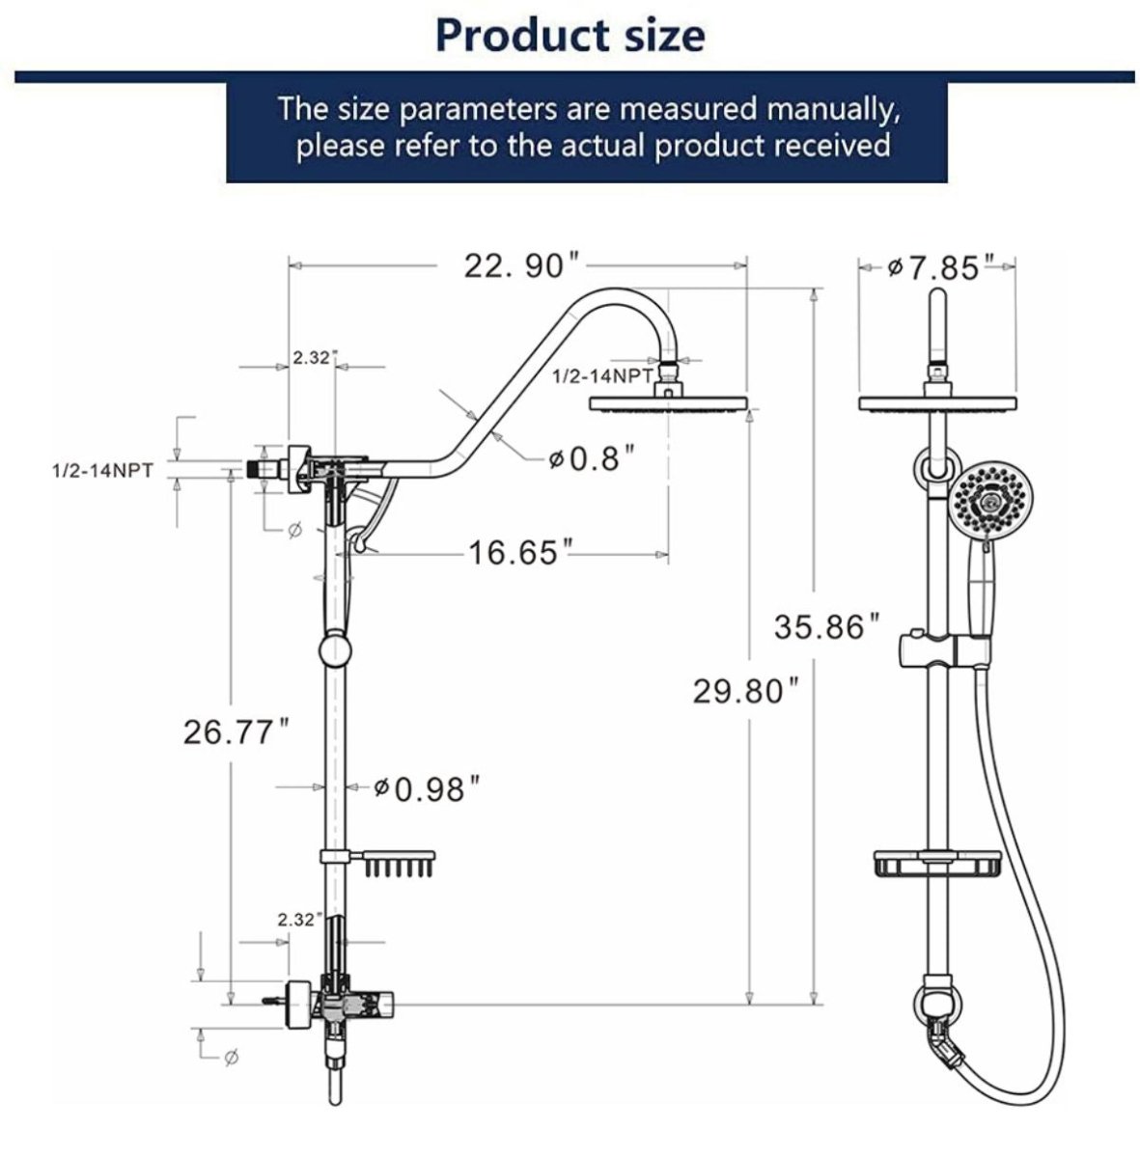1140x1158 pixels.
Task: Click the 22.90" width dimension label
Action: point(521,265)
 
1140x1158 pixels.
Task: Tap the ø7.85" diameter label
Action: point(940,267)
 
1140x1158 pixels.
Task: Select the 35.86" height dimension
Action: point(827,627)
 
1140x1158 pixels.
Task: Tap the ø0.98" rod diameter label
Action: point(426,789)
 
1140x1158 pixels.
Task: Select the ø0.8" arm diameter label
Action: point(592,457)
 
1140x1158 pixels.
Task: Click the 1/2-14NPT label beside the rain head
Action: point(601,375)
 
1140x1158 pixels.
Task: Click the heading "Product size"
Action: point(570,35)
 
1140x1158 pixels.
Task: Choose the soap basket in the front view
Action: point(934,864)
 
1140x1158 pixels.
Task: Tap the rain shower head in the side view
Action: point(668,403)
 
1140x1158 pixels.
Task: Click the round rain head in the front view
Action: point(938,403)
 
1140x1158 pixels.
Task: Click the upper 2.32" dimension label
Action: point(311,357)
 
